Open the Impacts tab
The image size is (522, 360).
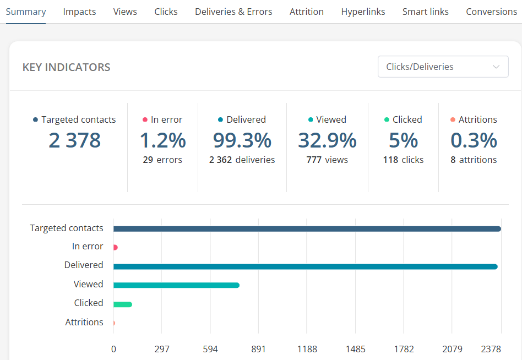coord(79,12)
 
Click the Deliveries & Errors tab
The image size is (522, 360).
coord(233,12)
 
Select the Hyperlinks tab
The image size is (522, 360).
coord(363,12)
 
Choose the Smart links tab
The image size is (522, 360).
coord(425,12)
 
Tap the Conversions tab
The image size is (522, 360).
coord(491,12)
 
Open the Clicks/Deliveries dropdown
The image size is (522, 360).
coord(443,67)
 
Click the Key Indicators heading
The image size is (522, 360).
coord(66,67)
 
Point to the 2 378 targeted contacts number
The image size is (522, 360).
coord(74,140)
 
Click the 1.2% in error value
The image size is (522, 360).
coord(162,140)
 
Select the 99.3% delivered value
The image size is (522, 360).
coord(242,140)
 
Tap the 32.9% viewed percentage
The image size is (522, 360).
coord(327,140)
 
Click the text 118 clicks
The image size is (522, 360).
coord(403,160)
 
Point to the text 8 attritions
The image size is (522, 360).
coord(474,160)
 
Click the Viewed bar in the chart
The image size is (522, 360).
coord(176,285)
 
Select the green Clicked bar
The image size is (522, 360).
coord(122,304)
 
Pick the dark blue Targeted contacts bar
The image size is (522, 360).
coord(307,229)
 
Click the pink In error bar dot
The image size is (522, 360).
coord(115,248)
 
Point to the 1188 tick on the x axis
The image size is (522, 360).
coord(307,349)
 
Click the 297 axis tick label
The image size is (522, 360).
coord(162,349)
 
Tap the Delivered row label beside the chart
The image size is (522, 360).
coord(84,265)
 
